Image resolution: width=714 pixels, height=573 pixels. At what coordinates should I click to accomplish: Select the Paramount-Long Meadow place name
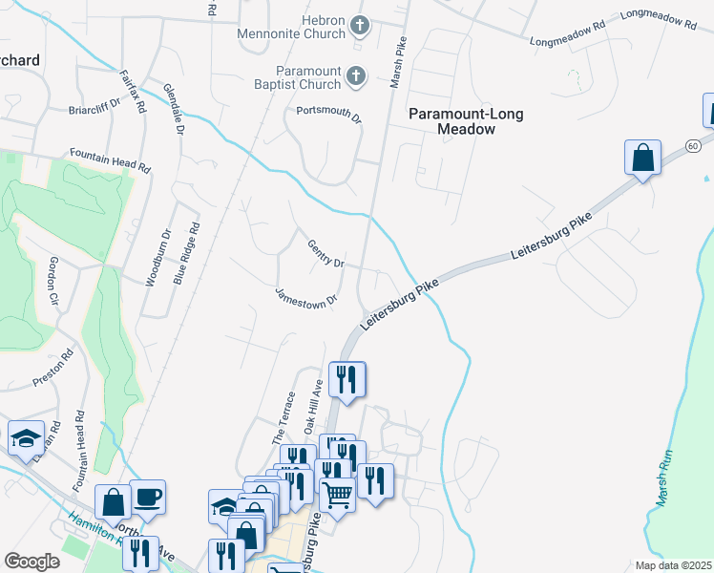point(452,120)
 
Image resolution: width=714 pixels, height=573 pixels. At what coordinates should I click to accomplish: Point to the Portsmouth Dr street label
point(329,115)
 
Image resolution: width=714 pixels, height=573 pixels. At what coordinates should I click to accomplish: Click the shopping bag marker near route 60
point(643,158)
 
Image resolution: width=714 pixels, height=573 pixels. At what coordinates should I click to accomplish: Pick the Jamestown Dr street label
point(307,298)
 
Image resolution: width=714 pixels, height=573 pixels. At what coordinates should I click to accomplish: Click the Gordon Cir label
point(53,280)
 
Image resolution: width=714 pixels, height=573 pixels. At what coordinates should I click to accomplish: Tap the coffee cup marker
point(148,497)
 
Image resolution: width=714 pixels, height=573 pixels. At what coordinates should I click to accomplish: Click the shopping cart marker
point(337,495)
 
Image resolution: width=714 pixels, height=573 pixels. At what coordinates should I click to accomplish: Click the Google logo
point(31,562)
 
